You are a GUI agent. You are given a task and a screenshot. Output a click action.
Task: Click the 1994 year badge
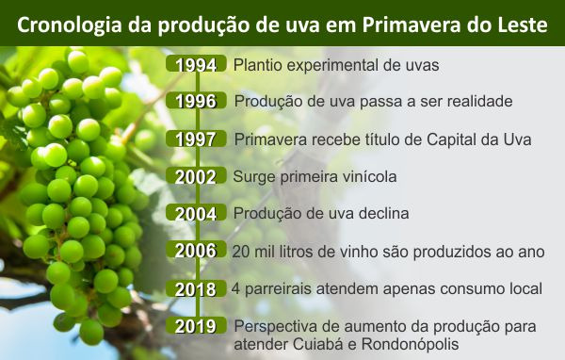[x=196, y=64]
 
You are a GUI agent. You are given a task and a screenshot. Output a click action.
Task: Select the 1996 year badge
[x=196, y=100]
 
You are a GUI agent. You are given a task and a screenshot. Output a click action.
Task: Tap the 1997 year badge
[x=196, y=139]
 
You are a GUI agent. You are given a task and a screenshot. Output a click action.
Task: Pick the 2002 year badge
[x=196, y=176]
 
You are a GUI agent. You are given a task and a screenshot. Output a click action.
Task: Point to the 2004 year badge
[x=196, y=213]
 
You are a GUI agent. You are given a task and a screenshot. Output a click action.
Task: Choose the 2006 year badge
[x=196, y=250]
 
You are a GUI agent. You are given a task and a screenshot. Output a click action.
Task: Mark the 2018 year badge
[x=196, y=288]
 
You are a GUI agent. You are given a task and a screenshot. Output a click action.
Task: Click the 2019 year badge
[x=196, y=325]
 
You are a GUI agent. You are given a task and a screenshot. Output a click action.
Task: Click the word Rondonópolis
[x=410, y=345]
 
